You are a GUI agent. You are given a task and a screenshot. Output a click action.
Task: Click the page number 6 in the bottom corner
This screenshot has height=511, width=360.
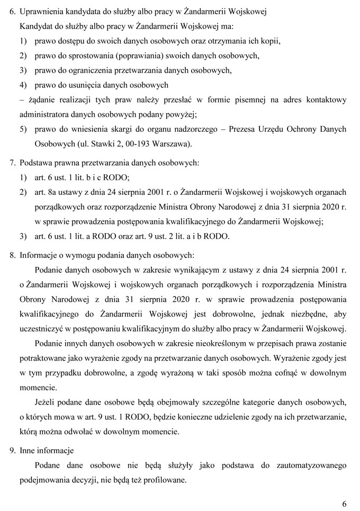[344, 503]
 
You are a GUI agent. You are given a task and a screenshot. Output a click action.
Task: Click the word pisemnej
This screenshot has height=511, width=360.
[246, 100]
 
